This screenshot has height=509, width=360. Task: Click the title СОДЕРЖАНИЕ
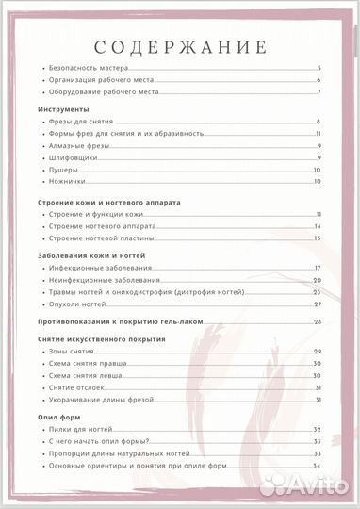pos(181,47)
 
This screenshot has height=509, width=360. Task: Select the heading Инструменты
pos(63,109)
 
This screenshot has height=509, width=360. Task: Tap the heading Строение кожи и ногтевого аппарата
pos(108,202)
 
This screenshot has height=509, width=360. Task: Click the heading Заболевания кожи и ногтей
pos(92,255)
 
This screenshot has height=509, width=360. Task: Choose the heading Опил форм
pos(58,416)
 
